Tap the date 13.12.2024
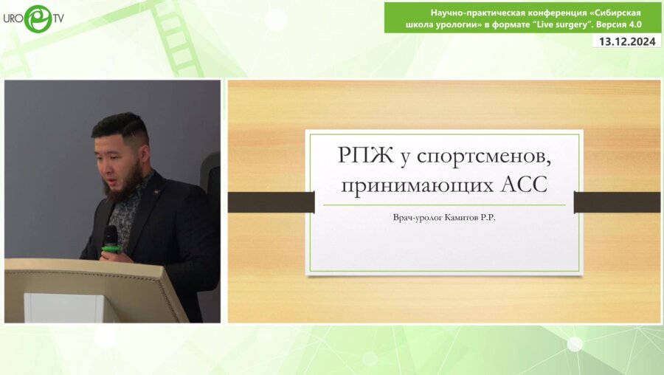pyautogui.click(x=627, y=42)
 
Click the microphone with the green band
pyautogui.click(x=111, y=241)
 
